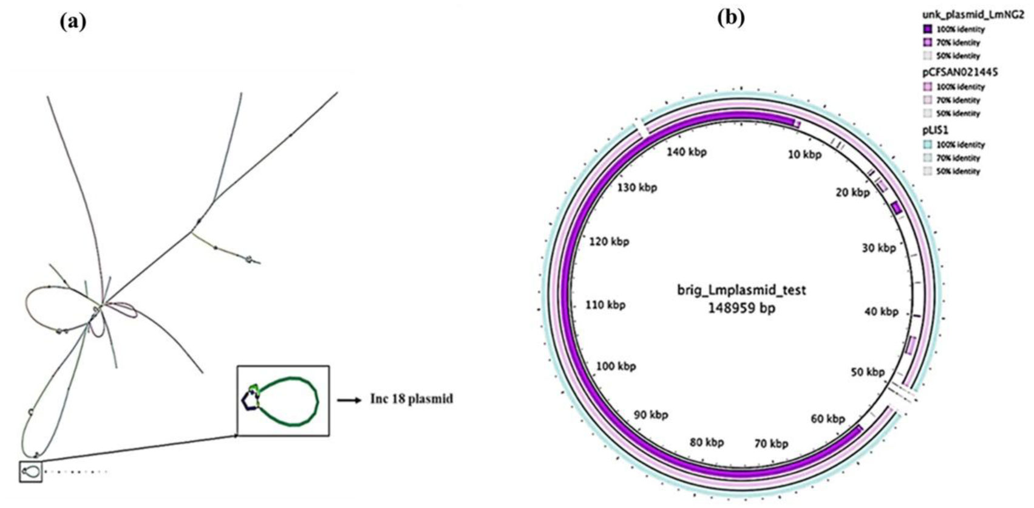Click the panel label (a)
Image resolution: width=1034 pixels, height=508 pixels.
coord(73,22)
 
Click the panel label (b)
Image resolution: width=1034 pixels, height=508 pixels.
coord(730,18)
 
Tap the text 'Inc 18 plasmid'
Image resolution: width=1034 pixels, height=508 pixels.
coord(411,399)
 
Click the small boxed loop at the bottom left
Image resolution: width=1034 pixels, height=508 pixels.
coord(31,471)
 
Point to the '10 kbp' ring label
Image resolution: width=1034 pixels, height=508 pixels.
coord(804,154)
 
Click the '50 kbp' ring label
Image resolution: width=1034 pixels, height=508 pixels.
coord(867,371)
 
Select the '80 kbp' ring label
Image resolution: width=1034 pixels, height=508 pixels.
coord(707,442)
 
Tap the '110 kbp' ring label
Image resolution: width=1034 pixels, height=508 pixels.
coord(605,304)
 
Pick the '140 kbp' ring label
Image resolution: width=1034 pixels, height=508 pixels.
coord(687,151)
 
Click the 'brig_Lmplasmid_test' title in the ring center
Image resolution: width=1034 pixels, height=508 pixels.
coord(741,290)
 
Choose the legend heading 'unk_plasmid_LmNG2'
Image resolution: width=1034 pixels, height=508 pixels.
coord(972,15)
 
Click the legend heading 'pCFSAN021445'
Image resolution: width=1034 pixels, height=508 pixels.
coord(960,72)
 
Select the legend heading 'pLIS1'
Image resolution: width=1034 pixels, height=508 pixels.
coord(936,130)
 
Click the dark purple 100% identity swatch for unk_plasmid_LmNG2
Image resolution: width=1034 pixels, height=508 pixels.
coord(927,29)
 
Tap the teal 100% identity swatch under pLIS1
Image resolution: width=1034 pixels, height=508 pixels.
coord(927,145)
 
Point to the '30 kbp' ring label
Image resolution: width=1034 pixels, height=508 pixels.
coord(879,247)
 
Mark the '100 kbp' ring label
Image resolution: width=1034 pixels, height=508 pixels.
coord(616,366)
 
